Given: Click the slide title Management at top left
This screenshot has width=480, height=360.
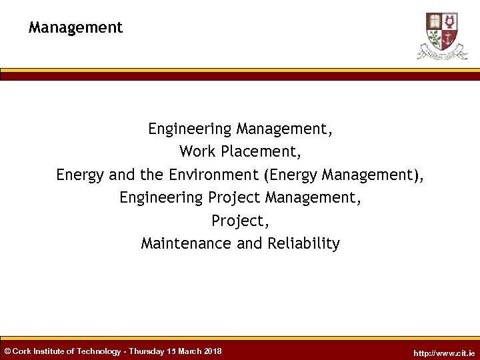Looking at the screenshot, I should coord(75,27).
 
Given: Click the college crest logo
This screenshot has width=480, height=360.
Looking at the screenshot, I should coord(442,35).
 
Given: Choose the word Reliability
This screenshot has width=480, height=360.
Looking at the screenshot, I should coord(303,243).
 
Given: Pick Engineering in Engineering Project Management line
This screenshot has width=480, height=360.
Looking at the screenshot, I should coord(161,197).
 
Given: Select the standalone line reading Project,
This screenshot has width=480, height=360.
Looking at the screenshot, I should coord(240,221).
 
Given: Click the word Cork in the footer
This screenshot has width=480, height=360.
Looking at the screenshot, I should coord(23,351).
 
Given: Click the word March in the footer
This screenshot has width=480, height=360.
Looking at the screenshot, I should coord(190,351).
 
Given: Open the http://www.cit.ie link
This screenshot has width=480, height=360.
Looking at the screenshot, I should coord(445,353).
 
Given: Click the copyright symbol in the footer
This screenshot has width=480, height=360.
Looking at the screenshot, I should coord(7,351).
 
